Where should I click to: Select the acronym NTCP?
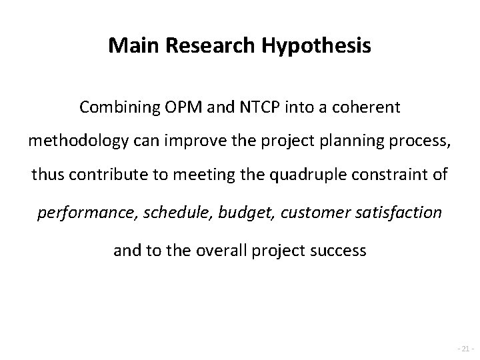point(247,107)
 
